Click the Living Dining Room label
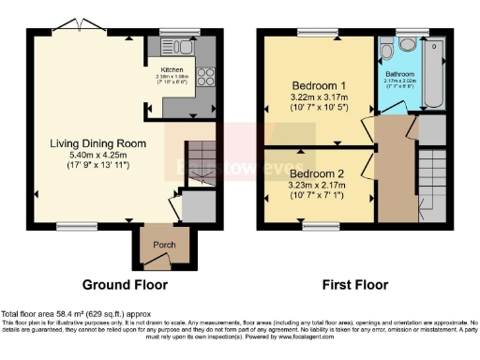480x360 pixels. click(92, 143)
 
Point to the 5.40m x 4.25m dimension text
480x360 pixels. click(92, 157)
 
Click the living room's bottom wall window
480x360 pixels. click(70, 225)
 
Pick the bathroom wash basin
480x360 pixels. click(386, 52)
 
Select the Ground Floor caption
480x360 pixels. click(126, 283)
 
